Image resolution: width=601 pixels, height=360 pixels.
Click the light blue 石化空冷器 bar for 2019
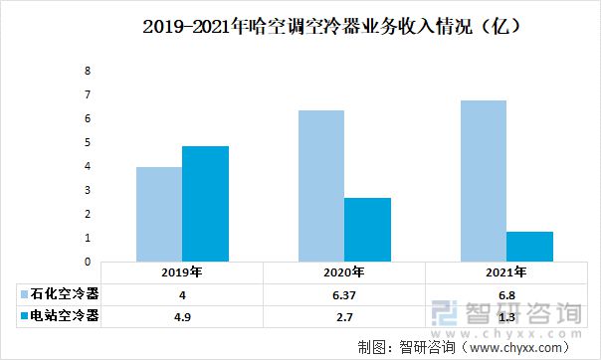pos(159,214)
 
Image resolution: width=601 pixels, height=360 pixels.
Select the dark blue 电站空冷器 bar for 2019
pos(205,204)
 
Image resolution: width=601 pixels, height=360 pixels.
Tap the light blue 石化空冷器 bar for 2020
pos(320,186)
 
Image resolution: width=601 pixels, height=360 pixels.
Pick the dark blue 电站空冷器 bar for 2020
pos(367,230)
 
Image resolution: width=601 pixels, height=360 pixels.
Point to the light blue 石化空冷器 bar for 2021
pos(483,181)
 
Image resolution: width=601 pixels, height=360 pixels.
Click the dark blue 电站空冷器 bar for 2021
pos(528,247)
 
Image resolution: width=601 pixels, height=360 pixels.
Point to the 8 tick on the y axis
pos(88,72)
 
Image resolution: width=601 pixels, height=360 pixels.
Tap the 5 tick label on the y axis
pos(88,142)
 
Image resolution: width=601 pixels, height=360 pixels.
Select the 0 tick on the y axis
pos(88,262)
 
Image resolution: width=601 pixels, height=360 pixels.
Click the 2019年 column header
pos(183,272)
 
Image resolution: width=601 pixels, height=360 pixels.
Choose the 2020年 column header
pos(344,272)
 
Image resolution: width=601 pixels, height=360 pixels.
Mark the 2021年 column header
pos(505,272)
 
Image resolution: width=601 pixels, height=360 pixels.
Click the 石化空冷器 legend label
pos(65,294)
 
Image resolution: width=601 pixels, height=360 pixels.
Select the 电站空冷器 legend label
pos(65,316)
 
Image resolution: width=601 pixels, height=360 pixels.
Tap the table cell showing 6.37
pos(344,294)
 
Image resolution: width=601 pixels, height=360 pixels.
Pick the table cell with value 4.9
pos(183,316)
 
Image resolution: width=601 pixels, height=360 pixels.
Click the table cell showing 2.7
pos(344,316)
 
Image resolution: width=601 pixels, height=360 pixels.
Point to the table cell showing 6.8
pos(505,294)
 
